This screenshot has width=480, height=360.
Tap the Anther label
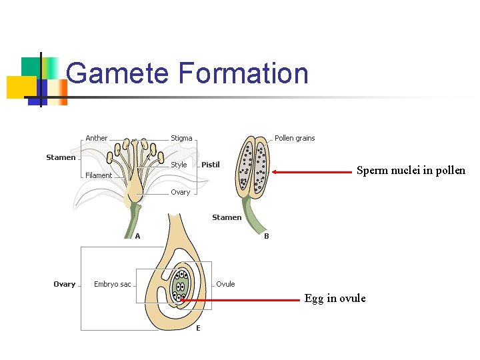click(x=96, y=138)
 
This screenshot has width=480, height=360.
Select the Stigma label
click(x=181, y=138)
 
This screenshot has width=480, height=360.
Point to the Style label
click(x=179, y=165)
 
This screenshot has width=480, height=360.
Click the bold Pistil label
click(x=211, y=165)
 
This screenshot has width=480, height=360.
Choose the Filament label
click(x=99, y=175)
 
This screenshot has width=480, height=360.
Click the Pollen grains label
click(x=295, y=138)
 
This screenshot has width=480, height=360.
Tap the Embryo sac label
click(x=112, y=284)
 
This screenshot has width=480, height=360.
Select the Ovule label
click(x=225, y=284)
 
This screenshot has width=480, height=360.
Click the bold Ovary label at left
click(x=64, y=284)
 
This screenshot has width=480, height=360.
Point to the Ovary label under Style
click(x=180, y=192)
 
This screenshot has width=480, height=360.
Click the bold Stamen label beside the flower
click(x=61, y=157)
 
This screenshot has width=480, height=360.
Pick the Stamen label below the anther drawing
click(x=227, y=217)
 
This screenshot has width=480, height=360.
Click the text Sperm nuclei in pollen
click(x=411, y=171)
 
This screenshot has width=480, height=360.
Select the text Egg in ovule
click(x=335, y=299)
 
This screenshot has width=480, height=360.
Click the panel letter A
click(x=137, y=236)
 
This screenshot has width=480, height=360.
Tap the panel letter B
click(x=267, y=236)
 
